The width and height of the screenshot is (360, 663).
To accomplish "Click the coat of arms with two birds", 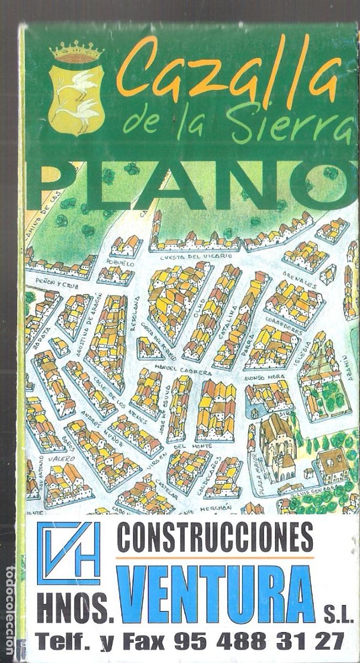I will [77, 97].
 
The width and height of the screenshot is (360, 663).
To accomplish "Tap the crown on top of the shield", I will [77, 52].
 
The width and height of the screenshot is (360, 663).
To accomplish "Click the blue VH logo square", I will [69, 553].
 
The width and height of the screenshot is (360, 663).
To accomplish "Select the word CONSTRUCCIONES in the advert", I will [215, 538].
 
